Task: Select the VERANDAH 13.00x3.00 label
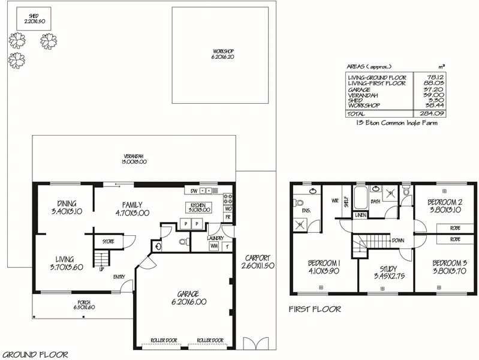pyautogui.click(x=135, y=159)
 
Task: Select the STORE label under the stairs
pyautogui.click(x=108, y=242)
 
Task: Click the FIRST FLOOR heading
pyautogui.click(x=315, y=310)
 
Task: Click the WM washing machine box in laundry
pyautogui.click(x=213, y=246)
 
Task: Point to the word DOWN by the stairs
pyautogui.click(x=397, y=240)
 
